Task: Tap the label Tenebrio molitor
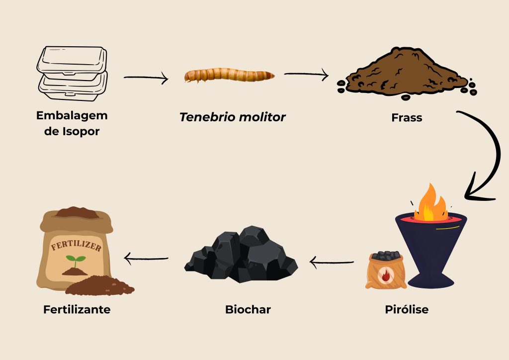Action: click(x=233, y=117)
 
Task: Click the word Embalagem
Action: click(x=72, y=116)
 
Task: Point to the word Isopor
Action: click(x=85, y=131)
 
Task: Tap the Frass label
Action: click(x=407, y=118)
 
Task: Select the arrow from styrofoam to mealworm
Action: click(x=146, y=78)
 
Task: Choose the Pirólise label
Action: click(x=407, y=309)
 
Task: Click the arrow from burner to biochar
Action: click(x=332, y=262)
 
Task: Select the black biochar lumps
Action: click(x=242, y=256)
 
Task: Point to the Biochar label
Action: click(x=248, y=309)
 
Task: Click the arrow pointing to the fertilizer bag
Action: click(x=146, y=258)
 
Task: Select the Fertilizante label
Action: click(x=77, y=309)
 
